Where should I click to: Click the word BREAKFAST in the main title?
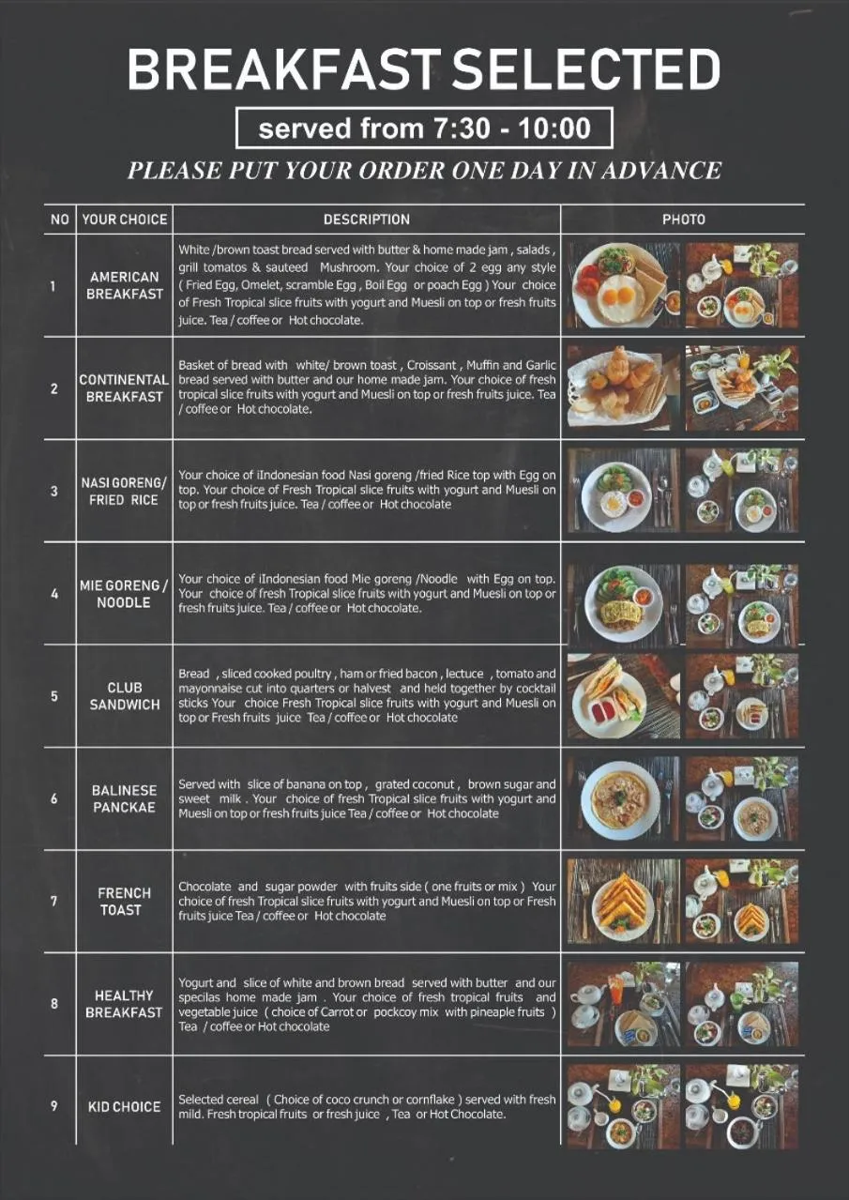283,68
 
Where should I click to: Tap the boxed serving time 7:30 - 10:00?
424,128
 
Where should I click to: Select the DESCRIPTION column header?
367,220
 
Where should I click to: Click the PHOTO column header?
684,220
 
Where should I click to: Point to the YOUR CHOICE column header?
124,220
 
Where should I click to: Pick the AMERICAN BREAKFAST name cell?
124,285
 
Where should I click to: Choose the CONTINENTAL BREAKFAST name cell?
124,388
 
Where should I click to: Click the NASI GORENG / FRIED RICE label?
124,492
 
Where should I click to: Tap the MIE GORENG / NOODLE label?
124,594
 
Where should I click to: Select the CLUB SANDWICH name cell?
124,696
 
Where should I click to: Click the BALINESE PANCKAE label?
124,798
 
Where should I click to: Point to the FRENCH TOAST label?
124,901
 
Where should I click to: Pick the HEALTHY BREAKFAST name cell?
124,1004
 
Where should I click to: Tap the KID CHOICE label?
124,1106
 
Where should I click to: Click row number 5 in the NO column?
54,696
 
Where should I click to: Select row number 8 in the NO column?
54,1003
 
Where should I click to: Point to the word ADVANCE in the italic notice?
661,171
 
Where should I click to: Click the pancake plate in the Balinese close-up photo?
620,799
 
